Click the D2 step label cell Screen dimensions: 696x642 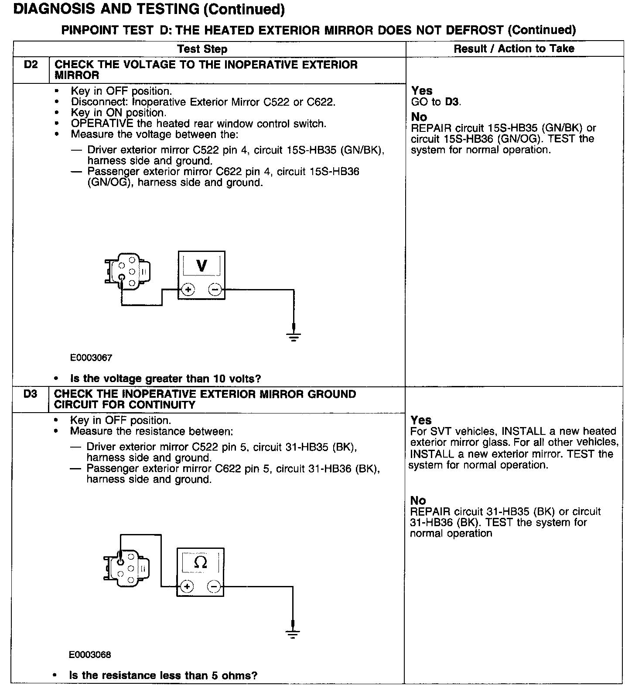(x=31, y=65)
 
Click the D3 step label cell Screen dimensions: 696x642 (x=31, y=394)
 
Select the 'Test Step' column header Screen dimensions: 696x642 (x=202, y=49)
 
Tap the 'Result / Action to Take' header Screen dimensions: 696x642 (x=514, y=48)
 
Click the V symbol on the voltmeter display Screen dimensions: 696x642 (x=201, y=265)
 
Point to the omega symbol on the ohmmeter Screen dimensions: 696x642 (x=200, y=562)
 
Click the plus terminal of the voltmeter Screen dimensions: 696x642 (x=188, y=289)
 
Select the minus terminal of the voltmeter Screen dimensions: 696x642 (x=215, y=289)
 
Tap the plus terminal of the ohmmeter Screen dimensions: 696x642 (x=187, y=586)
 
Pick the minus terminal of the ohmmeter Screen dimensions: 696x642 (x=213, y=586)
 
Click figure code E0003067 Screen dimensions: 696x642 (x=91, y=358)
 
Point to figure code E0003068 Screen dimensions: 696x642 (x=90, y=655)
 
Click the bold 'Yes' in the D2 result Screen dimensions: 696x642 (x=422, y=91)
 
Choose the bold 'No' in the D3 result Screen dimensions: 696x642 (x=418, y=500)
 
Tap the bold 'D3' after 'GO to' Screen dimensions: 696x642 (x=452, y=102)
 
